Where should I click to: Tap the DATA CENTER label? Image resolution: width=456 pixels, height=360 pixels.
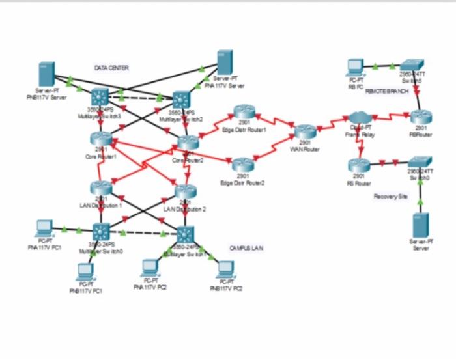[111, 68]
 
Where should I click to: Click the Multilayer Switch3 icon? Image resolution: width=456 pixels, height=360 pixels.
[101, 97]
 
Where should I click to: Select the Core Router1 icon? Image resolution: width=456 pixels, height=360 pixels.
[101, 138]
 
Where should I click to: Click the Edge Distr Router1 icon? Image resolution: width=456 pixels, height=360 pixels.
[244, 113]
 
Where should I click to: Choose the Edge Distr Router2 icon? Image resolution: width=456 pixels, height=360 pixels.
[243, 164]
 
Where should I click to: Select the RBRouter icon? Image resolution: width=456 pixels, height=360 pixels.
[420, 118]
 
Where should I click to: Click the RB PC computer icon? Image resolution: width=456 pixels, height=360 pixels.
[355, 66]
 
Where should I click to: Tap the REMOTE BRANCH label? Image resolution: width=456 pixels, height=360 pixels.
[387, 92]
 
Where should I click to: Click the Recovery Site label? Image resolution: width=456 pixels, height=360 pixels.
[390, 196]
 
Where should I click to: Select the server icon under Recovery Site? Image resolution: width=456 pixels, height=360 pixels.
[421, 225]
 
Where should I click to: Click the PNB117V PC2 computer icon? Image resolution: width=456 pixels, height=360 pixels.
[225, 268]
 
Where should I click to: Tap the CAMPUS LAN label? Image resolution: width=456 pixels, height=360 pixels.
[246, 248]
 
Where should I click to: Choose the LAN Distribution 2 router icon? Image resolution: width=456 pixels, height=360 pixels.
[184, 193]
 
